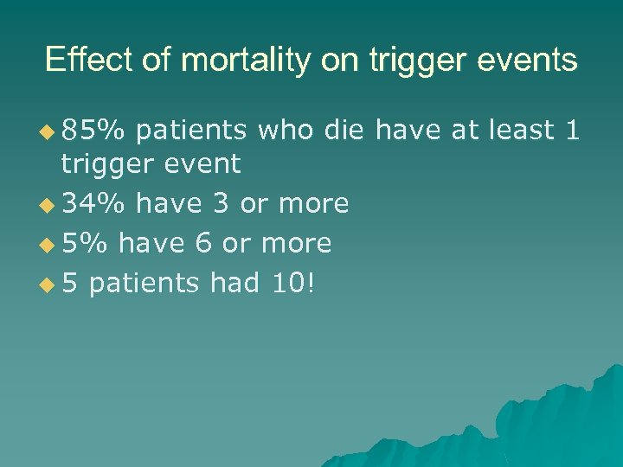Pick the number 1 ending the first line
[x=571, y=131]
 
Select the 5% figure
[x=85, y=243]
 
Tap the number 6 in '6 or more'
[x=203, y=243]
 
